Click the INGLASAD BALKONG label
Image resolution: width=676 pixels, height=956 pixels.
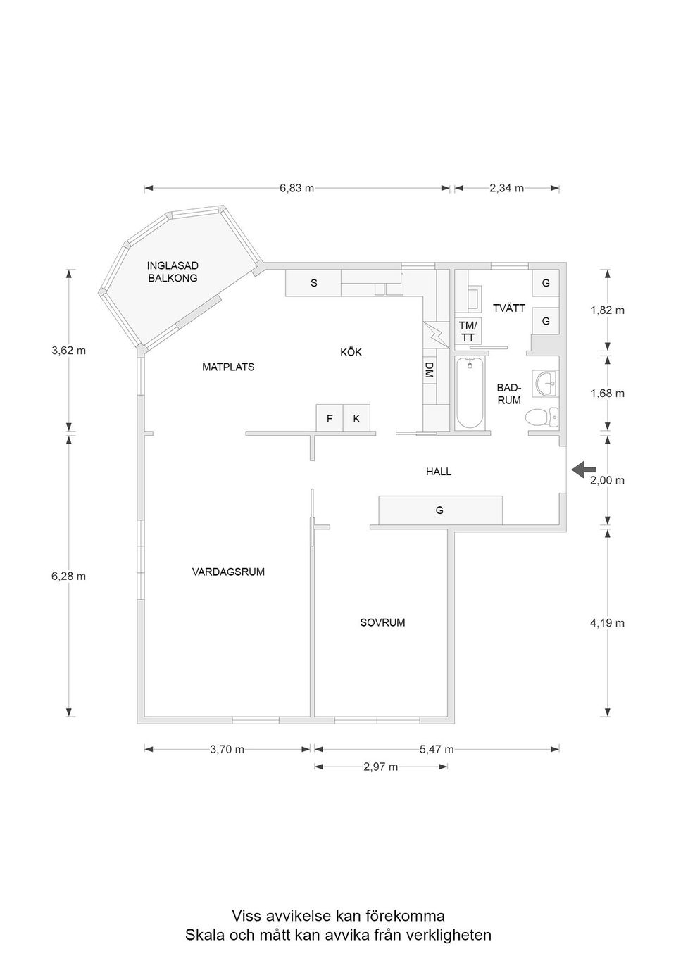click(x=173, y=272)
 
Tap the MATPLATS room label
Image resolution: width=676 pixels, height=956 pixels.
click(x=228, y=367)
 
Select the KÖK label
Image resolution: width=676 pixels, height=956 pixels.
click(x=351, y=352)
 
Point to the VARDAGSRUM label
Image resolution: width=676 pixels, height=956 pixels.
click(x=228, y=572)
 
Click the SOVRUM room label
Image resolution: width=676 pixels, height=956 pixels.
click(x=382, y=622)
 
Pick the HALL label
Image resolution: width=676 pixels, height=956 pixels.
click(x=438, y=472)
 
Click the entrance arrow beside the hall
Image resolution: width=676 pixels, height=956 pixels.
click(x=583, y=470)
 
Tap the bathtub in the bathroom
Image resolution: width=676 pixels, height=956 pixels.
click(x=470, y=393)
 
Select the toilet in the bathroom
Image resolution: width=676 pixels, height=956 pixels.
click(x=542, y=417)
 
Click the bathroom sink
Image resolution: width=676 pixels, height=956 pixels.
click(x=546, y=384)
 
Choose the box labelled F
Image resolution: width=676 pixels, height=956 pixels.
click(x=329, y=418)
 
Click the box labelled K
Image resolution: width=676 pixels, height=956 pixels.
click(x=356, y=418)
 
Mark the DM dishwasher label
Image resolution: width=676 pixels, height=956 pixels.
click(x=428, y=371)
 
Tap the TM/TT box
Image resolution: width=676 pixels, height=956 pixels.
click(x=468, y=332)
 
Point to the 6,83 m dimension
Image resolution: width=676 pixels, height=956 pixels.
click(x=296, y=188)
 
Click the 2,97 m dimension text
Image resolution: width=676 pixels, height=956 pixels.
click(x=380, y=767)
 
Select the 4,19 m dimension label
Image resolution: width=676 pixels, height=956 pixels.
click(x=607, y=623)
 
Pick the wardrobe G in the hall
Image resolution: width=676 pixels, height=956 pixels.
click(x=439, y=510)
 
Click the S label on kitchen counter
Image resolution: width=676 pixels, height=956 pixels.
click(x=314, y=283)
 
